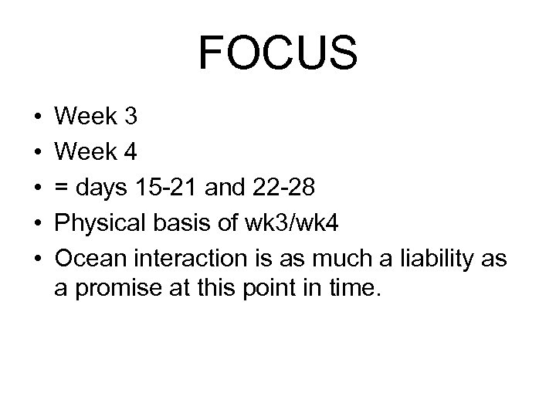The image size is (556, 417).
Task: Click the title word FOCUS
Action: (278, 53)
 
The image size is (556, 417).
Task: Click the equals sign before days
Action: (63, 188)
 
